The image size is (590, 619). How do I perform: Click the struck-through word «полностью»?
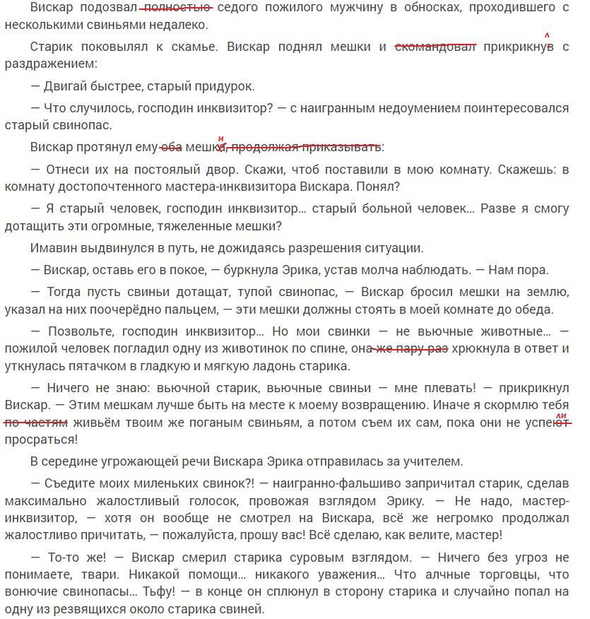click(x=177, y=7)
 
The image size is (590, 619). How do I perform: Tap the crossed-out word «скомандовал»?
click(x=435, y=47)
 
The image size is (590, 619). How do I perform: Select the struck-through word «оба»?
click(x=171, y=148)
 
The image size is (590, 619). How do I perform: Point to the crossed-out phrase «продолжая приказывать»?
click(x=307, y=148)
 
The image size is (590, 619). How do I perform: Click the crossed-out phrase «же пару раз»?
click(x=411, y=348)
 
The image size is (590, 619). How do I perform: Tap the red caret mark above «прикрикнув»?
click(x=548, y=35)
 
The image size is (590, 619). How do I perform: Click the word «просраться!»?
click(x=41, y=439)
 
